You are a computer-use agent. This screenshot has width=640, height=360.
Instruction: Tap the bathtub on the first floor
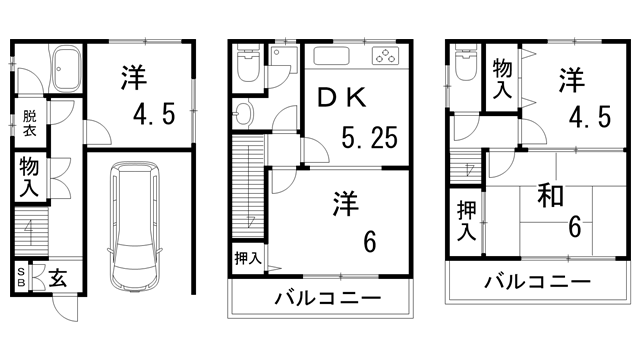[x=68, y=67]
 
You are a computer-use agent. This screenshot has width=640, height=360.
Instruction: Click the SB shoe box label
[x=21, y=275]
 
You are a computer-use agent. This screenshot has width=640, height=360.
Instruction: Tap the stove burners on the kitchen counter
[x=385, y=55]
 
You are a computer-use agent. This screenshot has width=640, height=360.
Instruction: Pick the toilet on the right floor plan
[x=464, y=66]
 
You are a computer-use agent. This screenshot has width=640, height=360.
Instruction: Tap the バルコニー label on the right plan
[x=538, y=283]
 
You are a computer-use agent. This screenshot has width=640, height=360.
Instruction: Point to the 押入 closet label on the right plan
[x=466, y=221]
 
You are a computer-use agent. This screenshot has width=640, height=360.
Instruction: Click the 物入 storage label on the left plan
[x=28, y=176]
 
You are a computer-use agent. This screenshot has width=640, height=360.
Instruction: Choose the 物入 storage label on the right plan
[x=502, y=77]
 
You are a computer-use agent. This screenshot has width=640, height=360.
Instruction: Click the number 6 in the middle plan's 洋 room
[x=369, y=242]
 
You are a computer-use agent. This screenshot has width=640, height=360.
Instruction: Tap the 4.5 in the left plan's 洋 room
[x=155, y=113]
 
